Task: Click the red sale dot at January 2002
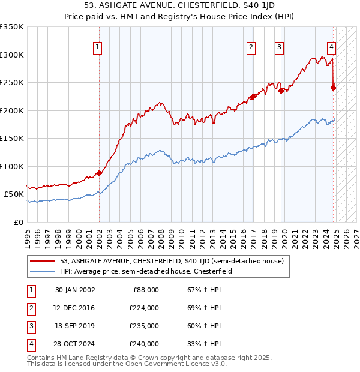coord(99,173)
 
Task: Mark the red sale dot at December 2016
coord(253,96)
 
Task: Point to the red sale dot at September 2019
coord(281,91)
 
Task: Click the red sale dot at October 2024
coord(334,88)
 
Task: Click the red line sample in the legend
coord(43,262)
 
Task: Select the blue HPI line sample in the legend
coord(43,271)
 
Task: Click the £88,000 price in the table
coord(146,290)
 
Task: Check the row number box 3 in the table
coord(30,326)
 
